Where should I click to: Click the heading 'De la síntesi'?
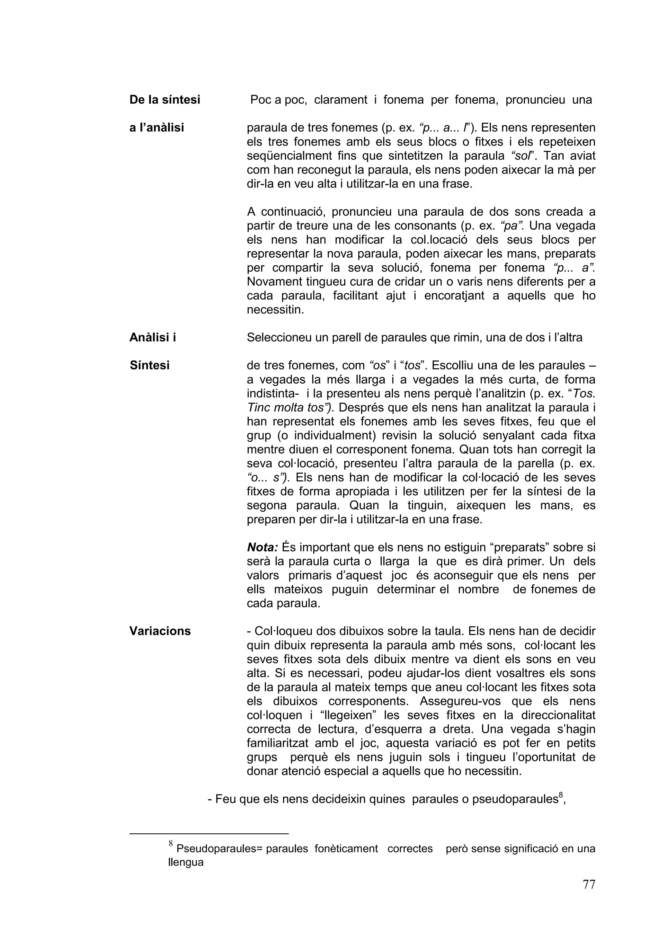(x=164, y=100)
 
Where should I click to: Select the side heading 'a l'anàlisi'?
(x=156, y=128)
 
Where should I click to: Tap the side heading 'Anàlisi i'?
(x=152, y=337)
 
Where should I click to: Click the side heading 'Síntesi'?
(x=150, y=365)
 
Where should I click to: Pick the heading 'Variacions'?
(x=160, y=631)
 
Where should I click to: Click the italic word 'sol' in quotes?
(x=528, y=156)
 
